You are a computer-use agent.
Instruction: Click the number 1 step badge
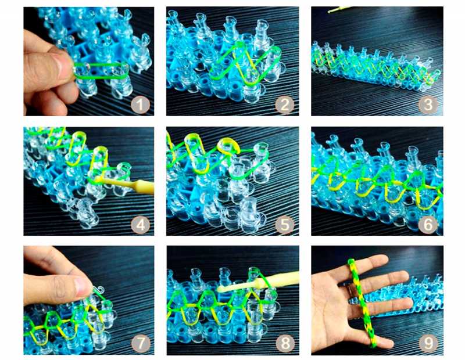140,105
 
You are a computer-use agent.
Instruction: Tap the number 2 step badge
285,105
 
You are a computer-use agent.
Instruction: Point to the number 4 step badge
140,225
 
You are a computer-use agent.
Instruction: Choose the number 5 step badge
285,225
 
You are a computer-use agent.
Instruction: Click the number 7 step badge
140,343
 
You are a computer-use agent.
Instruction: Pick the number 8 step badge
285,343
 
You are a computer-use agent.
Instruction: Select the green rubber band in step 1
101,70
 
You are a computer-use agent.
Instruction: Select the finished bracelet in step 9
362,302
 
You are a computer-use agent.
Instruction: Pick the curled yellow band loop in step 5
228,146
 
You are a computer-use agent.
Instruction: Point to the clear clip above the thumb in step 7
99,289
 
